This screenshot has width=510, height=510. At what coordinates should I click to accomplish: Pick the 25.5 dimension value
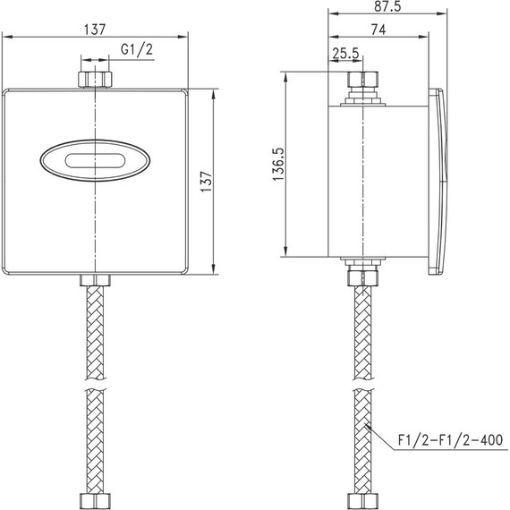(345, 54)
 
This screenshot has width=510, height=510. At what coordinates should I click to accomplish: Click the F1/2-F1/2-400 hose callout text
(451, 440)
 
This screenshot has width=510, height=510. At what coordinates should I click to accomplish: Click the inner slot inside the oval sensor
(94, 161)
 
